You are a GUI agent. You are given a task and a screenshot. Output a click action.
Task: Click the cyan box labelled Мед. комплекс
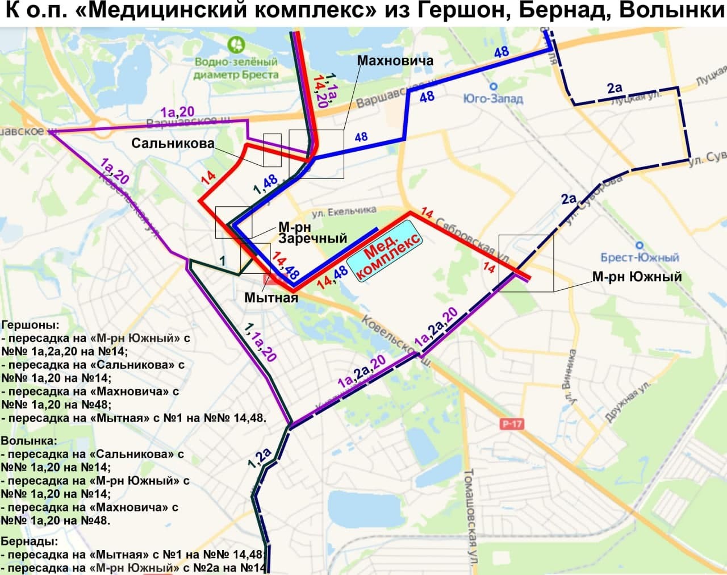point(385,255)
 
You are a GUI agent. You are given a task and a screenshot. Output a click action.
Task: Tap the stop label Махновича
point(395,61)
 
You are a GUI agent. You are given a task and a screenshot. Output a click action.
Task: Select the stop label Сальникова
point(173,143)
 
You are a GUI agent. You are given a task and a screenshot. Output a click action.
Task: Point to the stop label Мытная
point(271,297)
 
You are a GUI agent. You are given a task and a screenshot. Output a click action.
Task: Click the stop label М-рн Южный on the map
point(637,277)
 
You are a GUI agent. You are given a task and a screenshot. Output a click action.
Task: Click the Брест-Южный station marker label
point(640,257)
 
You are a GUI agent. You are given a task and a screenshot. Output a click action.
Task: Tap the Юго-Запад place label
point(493,99)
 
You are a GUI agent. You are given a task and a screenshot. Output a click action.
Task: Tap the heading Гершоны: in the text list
point(30,325)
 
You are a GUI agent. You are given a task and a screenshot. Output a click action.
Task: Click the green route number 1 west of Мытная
point(223,261)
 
